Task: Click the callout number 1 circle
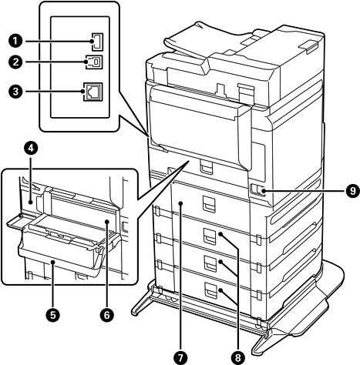point(15,41)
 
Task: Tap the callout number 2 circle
point(15,62)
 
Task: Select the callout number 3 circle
point(15,92)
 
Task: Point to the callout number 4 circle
point(31,149)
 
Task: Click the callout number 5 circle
point(52,315)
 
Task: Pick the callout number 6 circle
point(107,315)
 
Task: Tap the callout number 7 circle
point(180,357)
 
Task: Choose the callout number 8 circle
point(238,357)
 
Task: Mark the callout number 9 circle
point(352,191)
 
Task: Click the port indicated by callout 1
point(97,41)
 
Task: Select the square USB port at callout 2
point(95,62)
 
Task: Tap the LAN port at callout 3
point(93,92)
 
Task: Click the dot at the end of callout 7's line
point(181,203)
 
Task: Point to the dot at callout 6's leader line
point(107,221)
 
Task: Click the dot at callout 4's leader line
point(31,203)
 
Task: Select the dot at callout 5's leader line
point(52,262)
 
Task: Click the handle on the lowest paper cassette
point(210,290)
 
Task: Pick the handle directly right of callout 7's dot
point(208,204)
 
